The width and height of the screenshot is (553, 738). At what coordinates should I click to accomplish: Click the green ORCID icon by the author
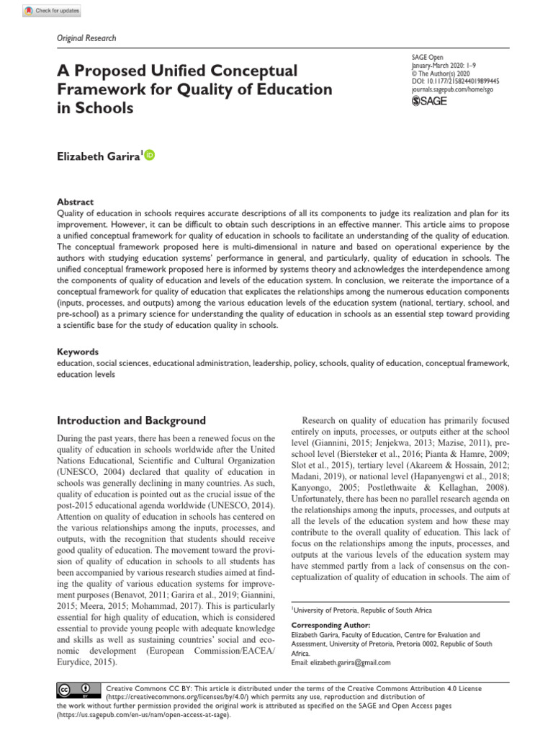[x=150, y=155]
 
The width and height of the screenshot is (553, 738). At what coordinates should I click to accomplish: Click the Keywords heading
[x=78, y=352]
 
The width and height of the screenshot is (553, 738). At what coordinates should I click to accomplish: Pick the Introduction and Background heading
[x=131, y=421]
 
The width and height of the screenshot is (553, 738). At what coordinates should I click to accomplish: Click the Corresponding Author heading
[x=330, y=625]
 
